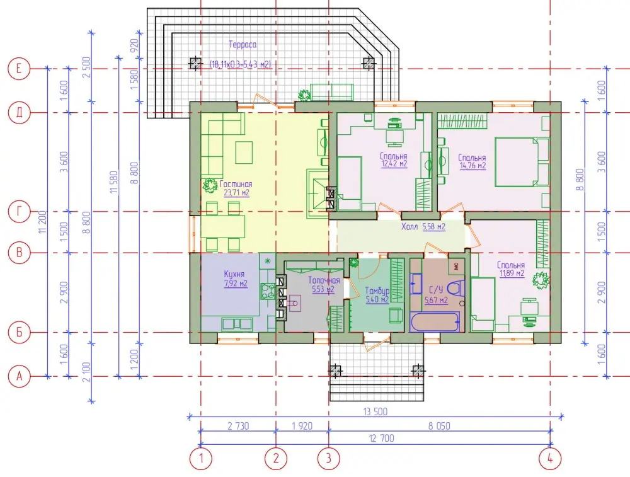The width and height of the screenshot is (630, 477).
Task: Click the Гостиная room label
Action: coord(236,188)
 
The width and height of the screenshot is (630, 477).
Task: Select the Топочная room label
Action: coord(324,285)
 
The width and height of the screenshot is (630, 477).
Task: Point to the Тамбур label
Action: coord(377,295)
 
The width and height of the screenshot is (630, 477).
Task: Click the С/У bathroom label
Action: coord(437,295)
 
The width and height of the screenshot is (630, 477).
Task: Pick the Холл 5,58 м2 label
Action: coord(423,227)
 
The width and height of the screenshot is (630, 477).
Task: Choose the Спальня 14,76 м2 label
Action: coord(472,161)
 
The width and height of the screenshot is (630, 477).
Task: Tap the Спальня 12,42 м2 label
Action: coord(394,159)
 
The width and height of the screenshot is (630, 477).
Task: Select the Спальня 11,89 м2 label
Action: coord(511,269)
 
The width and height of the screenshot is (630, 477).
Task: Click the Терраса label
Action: coord(243,44)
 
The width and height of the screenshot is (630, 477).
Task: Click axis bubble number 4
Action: coord(550,459)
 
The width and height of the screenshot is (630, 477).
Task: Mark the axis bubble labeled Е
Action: coord(19,69)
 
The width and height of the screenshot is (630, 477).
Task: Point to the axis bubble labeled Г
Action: coord(19,212)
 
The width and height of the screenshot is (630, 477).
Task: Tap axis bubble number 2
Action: coord(276,459)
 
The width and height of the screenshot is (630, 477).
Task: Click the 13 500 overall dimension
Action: coord(375,411)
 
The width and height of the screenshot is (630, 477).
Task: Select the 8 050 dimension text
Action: coord(439,425)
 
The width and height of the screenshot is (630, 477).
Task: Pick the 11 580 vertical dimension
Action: coord(114,182)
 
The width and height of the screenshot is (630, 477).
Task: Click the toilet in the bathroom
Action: coord(456,288)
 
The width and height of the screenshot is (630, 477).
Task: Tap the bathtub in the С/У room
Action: coord(435,323)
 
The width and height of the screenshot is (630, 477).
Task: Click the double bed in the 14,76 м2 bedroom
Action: coord(522,162)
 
